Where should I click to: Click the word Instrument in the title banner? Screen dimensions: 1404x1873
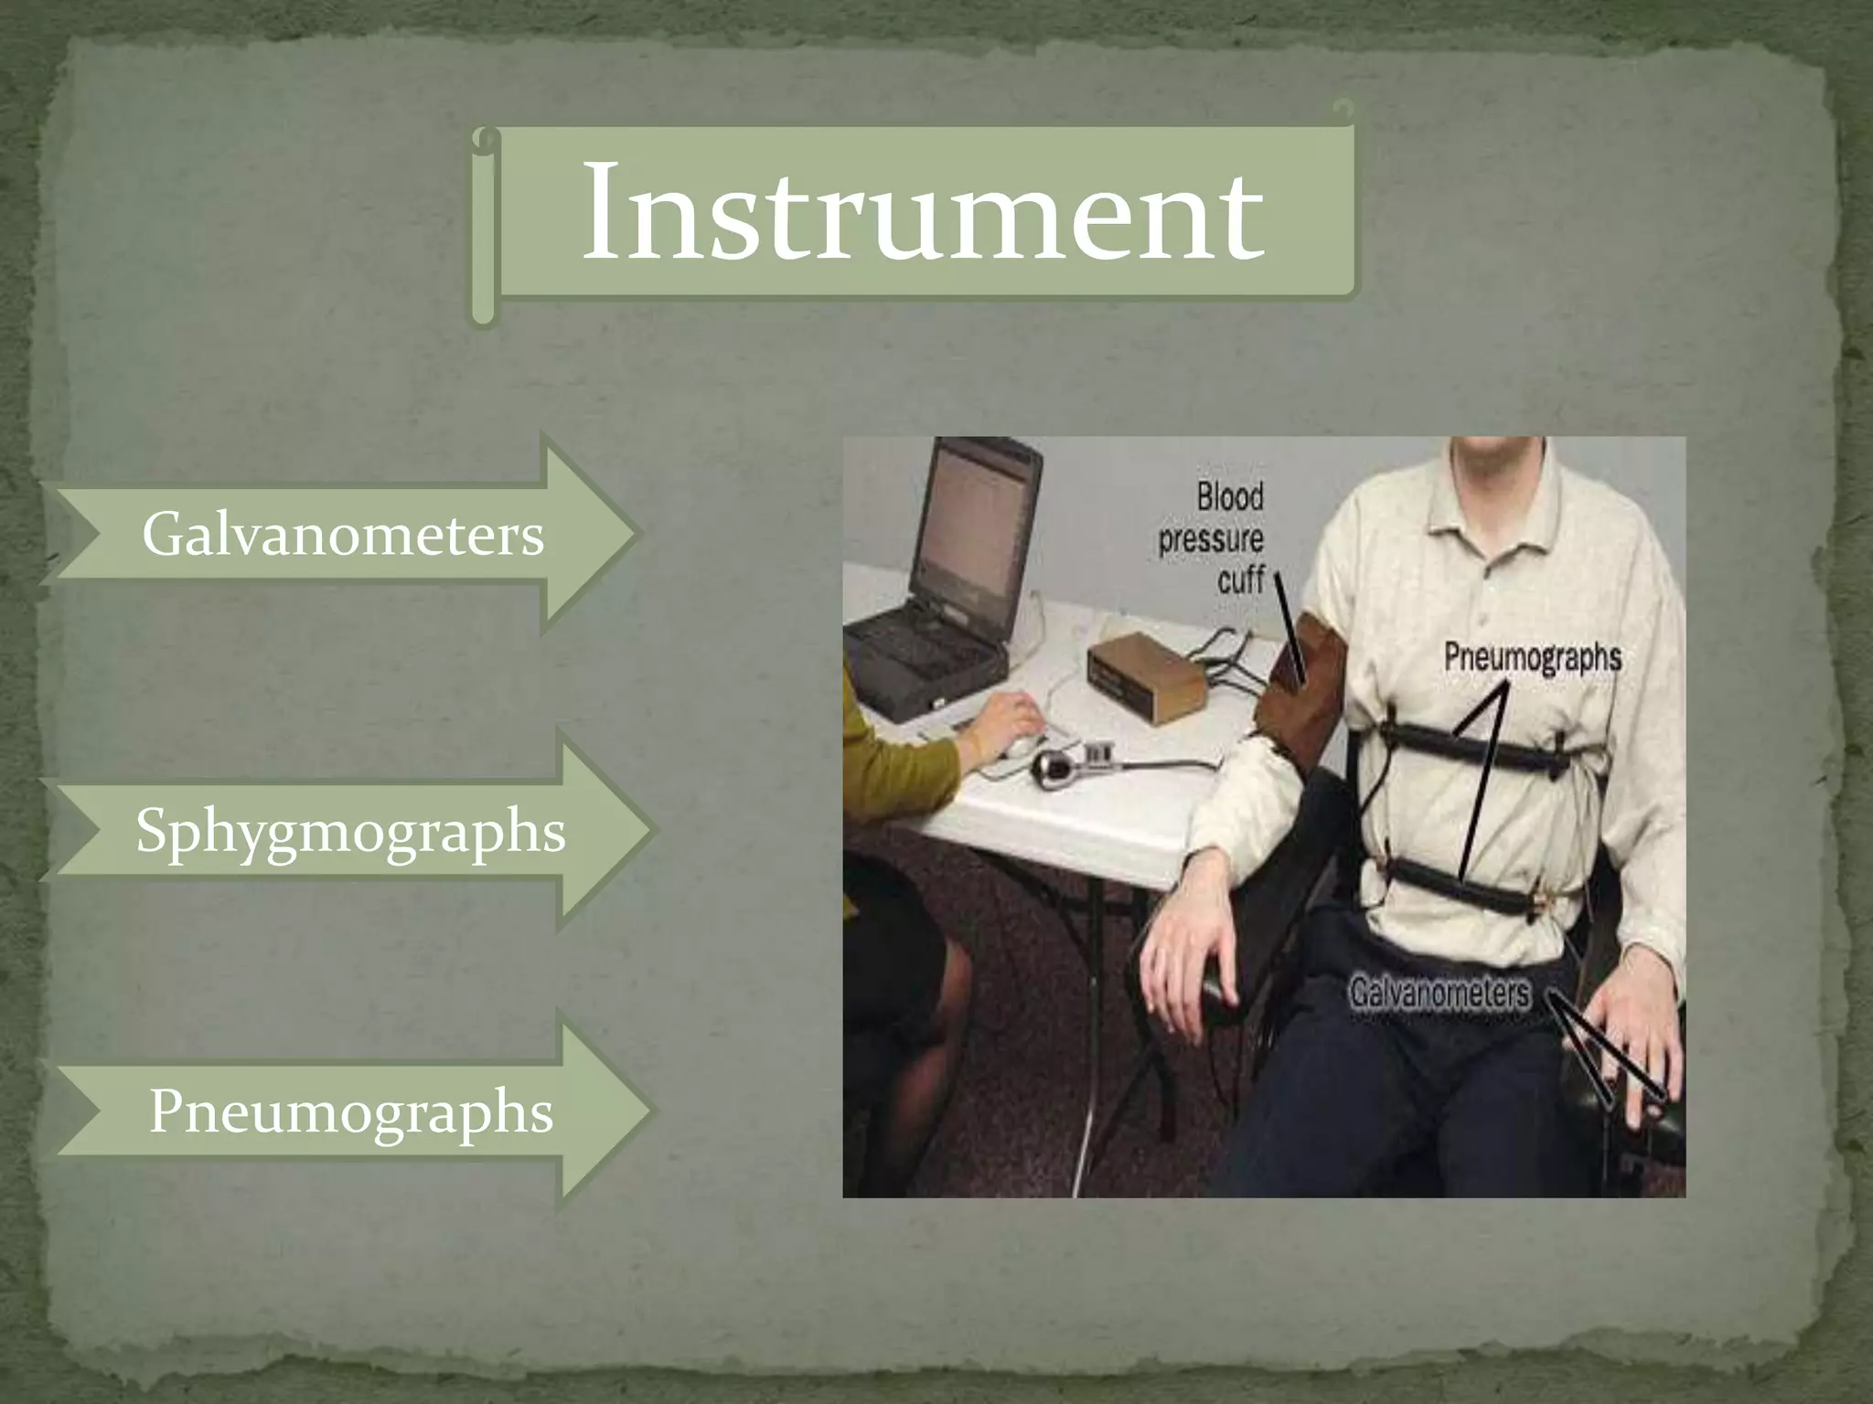click(x=922, y=212)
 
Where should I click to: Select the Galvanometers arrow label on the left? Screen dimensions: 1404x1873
click(x=343, y=535)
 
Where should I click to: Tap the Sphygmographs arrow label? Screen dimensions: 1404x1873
click(x=350, y=831)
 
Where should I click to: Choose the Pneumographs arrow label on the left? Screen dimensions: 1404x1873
click(x=351, y=1111)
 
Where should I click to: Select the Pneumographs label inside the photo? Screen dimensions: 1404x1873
click(x=1533, y=658)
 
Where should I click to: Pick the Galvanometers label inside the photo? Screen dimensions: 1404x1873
click(x=1440, y=993)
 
